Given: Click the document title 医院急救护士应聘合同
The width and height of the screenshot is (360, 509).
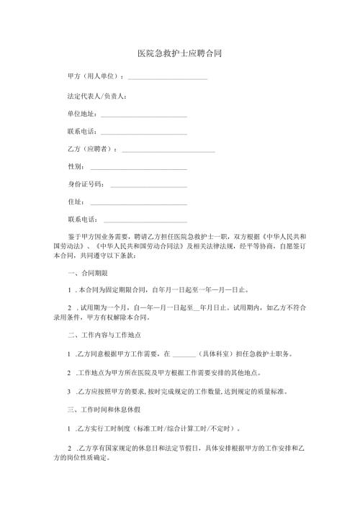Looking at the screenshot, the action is tap(179, 53).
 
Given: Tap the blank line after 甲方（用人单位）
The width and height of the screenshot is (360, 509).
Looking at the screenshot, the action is tap(167, 76).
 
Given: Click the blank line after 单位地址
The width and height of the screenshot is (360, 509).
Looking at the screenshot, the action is tap(143, 114).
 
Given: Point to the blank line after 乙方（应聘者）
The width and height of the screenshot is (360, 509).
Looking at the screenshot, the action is tap(168, 150).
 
